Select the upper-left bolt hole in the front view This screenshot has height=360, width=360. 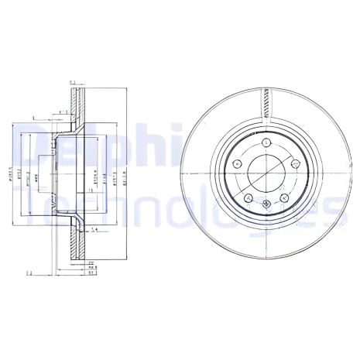235,163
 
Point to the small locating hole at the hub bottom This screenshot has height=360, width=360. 266,205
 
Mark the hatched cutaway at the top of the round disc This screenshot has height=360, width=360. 266,101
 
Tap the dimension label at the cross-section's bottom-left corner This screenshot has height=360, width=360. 28,273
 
